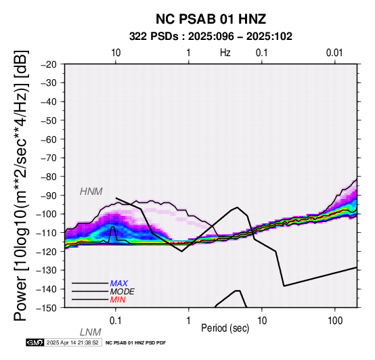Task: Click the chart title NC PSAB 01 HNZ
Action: (211, 19)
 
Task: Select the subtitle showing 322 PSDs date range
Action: (211, 37)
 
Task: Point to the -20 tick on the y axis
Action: (49, 64)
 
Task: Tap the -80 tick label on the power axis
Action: (49, 177)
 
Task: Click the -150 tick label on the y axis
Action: (47, 307)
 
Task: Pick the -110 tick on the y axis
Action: (47, 232)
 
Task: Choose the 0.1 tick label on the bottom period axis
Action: (116, 321)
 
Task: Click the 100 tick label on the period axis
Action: (335, 321)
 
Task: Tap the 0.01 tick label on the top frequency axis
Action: (334, 53)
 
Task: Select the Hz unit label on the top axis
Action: (225, 53)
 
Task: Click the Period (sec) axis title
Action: (225, 328)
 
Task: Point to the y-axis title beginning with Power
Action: (20, 185)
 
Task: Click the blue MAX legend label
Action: (119, 284)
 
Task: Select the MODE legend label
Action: (123, 292)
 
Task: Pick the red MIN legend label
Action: (118, 300)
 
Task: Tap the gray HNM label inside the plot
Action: (91, 192)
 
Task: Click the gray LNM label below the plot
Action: (91, 332)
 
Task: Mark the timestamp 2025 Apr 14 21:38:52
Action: (72, 342)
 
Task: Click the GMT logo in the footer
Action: (35, 342)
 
